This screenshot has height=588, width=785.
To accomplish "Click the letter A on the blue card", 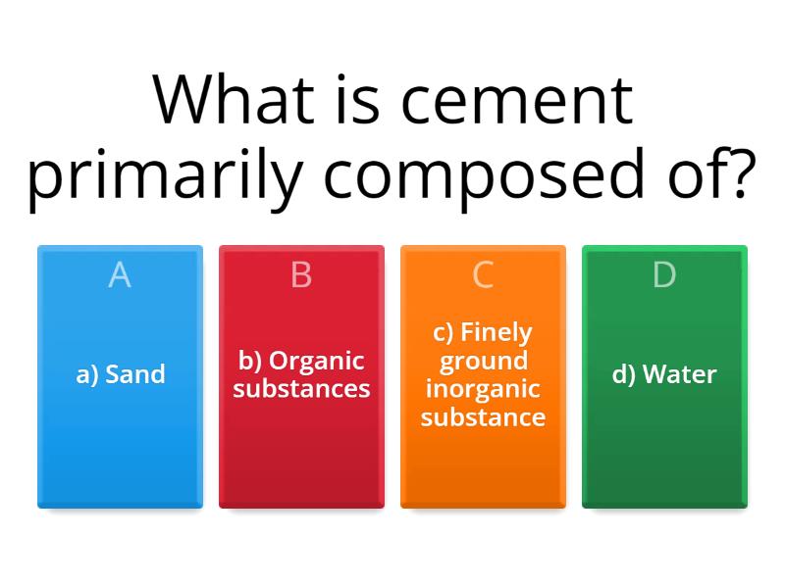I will coord(120,275).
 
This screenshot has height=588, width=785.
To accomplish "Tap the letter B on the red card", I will coord(301,275).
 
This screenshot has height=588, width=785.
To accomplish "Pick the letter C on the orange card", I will coord(483,275).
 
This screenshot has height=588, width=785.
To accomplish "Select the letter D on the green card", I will coord(664,275).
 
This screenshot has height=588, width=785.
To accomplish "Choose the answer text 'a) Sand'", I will coord(120,374).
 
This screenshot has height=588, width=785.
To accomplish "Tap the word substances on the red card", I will coord(301,389).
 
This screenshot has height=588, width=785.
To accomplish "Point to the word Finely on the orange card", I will coord(497,331).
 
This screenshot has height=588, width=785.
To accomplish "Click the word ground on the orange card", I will coord(483,361).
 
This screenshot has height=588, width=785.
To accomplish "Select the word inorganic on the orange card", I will coord(483,389).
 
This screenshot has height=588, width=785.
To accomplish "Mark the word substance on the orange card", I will coord(483,417).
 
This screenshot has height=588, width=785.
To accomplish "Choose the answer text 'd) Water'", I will coord(664,374).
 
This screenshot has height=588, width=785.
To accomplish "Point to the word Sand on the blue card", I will coord(134,374).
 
